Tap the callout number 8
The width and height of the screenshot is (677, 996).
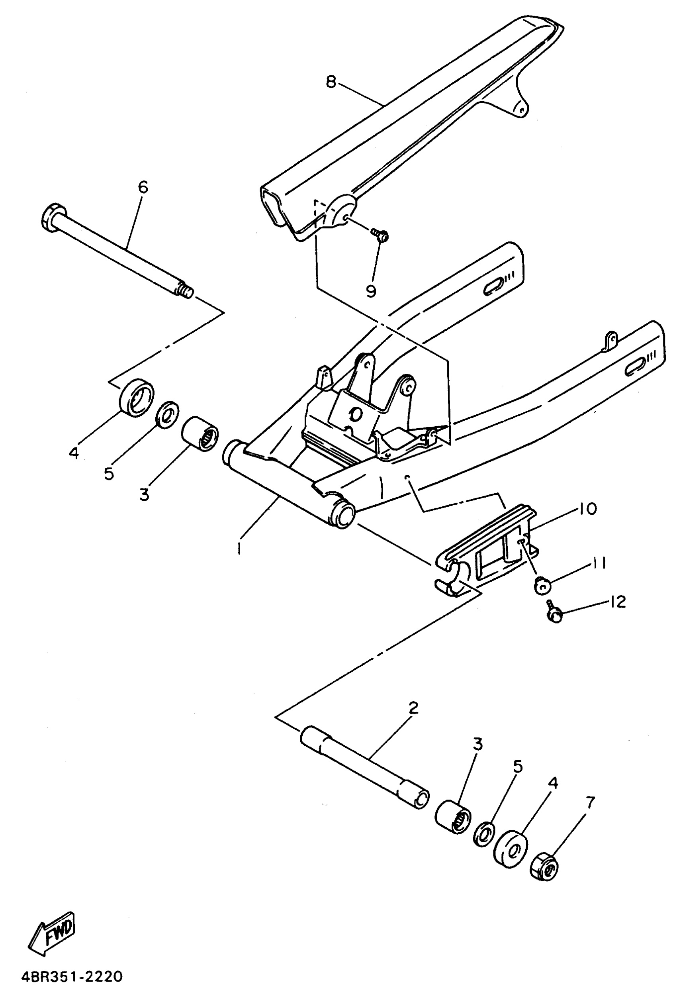coord(331,81)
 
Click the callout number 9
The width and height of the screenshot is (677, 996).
coord(371,290)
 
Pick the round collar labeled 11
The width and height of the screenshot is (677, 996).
coord(542,585)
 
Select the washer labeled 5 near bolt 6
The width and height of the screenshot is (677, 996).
coord(167,414)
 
